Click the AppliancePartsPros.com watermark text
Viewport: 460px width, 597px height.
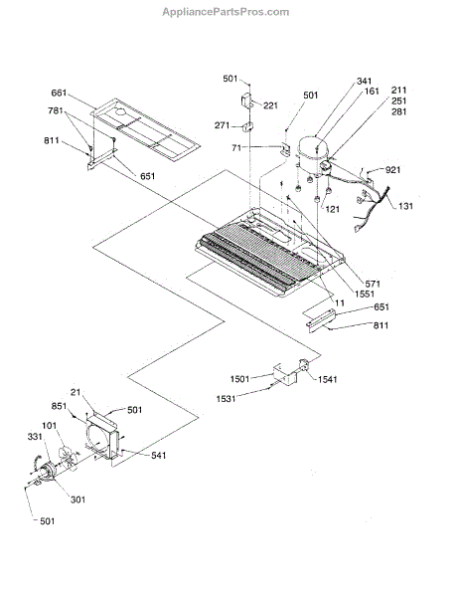point(226,12)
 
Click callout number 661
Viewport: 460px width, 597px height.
point(59,93)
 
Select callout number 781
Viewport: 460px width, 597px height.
point(56,110)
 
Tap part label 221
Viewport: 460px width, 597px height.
point(270,105)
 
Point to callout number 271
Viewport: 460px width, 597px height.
point(222,125)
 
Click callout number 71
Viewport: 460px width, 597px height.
point(236,147)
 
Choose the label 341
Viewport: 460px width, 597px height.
point(364,81)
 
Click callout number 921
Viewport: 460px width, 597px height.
point(392,170)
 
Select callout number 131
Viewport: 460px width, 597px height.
point(405,206)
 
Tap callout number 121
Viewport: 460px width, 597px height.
point(332,209)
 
